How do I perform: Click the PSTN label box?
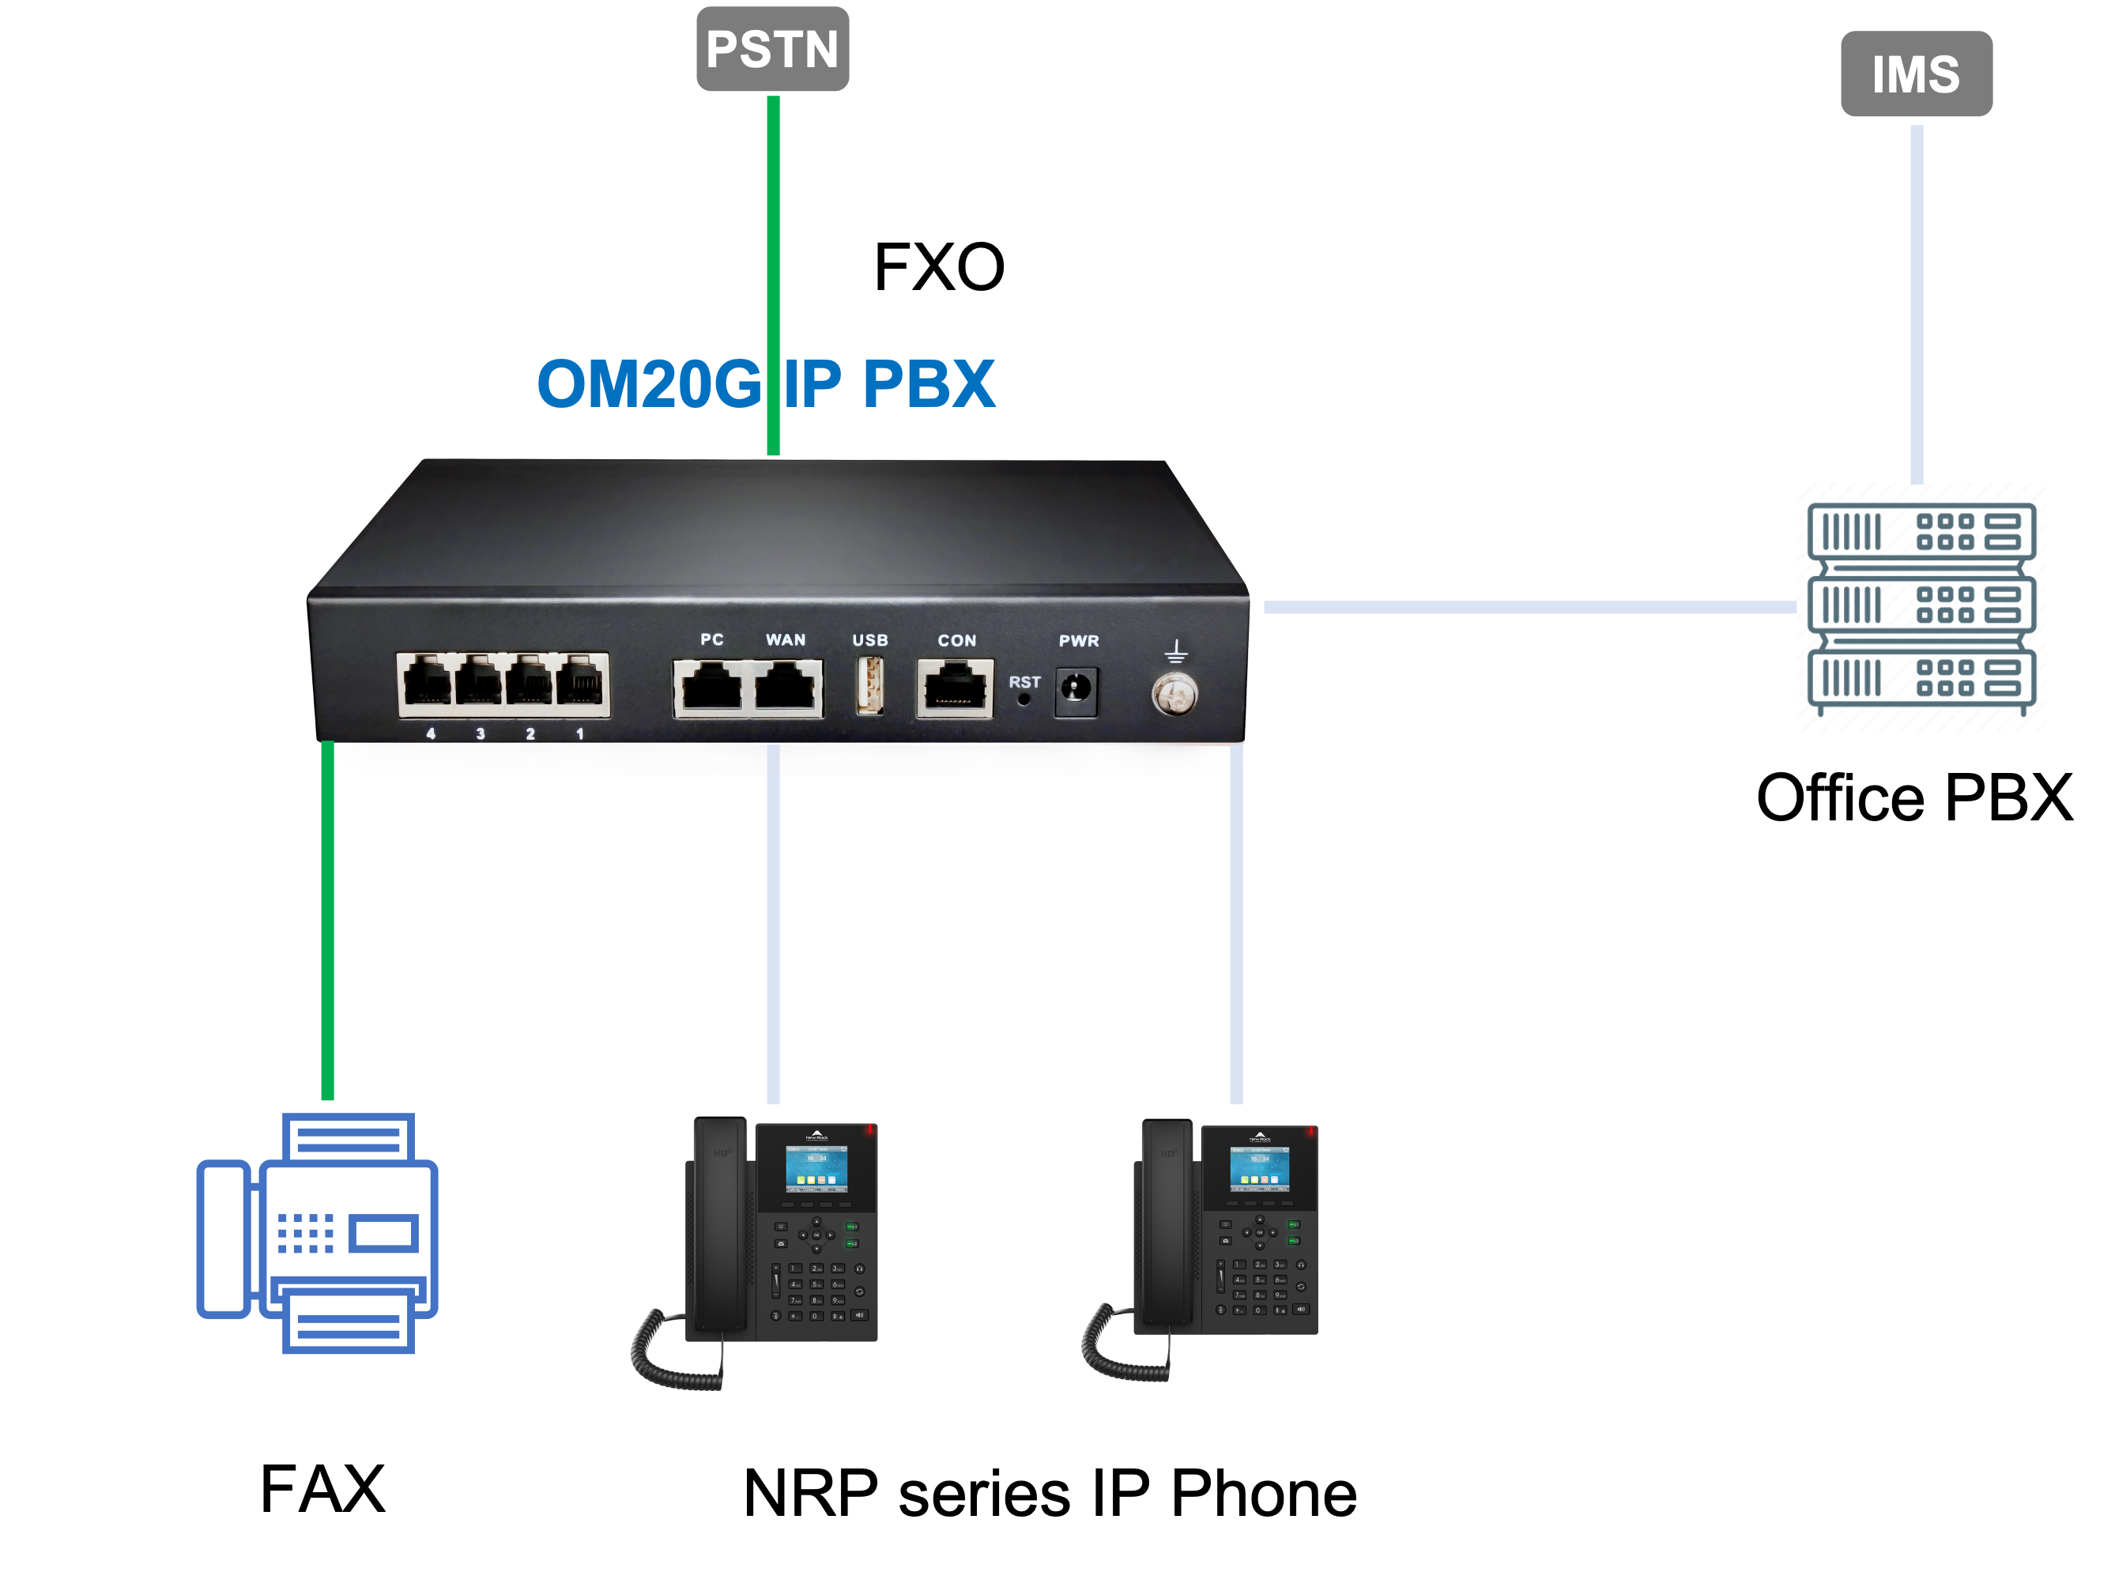point(771,50)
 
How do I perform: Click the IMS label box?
point(1915,74)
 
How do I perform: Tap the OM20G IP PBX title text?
point(766,383)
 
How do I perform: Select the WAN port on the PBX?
point(786,687)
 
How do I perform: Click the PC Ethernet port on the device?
point(711,687)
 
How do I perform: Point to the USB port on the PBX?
point(869,685)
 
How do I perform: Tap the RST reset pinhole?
point(1024,699)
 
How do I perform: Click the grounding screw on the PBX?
point(1175,694)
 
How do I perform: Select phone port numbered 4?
point(427,683)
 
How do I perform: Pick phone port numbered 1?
point(579,683)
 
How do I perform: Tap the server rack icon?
point(1920,607)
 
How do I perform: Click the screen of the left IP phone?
point(816,1170)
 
